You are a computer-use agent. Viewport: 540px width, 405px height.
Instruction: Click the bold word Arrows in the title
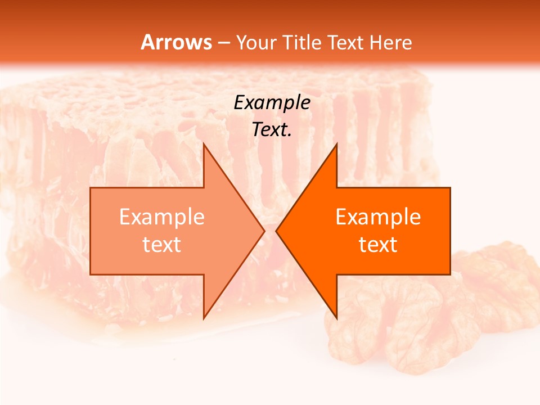point(176,42)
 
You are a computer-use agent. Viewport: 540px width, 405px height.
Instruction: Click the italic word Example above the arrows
point(272,102)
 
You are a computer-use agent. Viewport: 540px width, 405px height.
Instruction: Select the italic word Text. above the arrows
point(272,129)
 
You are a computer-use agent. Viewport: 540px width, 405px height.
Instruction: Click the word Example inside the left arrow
point(162,217)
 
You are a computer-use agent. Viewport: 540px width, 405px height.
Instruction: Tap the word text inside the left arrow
point(162,245)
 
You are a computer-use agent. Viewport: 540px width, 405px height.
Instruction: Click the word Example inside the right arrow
point(378,217)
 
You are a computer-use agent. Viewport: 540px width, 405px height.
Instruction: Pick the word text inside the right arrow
point(378,245)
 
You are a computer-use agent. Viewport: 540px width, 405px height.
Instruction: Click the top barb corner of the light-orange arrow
point(204,144)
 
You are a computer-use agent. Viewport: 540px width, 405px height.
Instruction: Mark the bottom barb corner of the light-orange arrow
point(204,318)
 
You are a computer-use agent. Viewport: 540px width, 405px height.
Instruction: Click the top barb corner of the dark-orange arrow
point(336,144)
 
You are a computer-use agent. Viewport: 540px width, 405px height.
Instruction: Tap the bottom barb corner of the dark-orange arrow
point(336,318)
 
